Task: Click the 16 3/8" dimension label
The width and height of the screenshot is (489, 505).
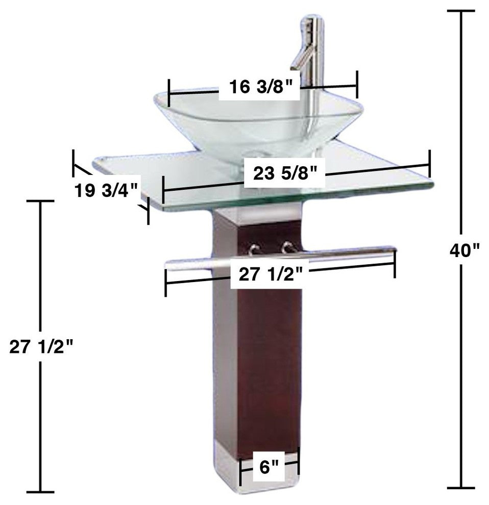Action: [260, 87]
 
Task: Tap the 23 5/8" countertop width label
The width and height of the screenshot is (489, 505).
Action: [288, 174]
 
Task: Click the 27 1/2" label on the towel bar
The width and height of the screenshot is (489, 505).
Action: [273, 275]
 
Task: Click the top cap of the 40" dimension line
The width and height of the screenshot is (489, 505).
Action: [462, 11]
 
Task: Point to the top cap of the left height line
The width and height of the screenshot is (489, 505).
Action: [40, 201]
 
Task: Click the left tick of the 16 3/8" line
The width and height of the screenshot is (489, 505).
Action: [168, 92]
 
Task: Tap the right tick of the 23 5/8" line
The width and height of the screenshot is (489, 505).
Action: [430, 163]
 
